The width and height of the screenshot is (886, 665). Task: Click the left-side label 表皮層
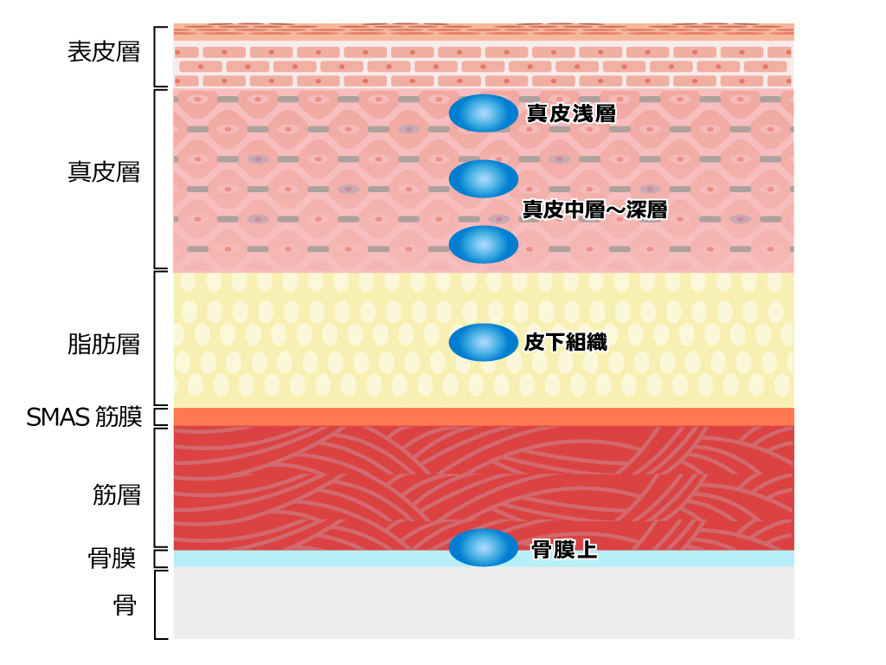[104, 52]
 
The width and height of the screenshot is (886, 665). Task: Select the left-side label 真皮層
[104, 172]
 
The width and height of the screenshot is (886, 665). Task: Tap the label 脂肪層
[104, 344]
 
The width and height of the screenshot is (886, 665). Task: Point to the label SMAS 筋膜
[84, 417]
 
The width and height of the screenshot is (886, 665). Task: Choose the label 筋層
[117, 494]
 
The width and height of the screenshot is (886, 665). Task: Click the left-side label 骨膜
[112, 558]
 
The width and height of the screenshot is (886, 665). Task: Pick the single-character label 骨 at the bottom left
[125, 605]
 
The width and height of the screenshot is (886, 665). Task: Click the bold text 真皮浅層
[571, 113]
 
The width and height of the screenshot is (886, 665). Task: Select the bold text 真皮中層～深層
[594, 210]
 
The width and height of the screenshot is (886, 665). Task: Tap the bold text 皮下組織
[566, 342]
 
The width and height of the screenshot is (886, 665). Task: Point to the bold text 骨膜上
[564, 549]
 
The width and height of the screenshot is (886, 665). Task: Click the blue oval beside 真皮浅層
[483, 113]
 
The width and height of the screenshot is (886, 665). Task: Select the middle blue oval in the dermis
[483, 178]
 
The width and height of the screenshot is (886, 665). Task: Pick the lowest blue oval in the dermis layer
[483, 244]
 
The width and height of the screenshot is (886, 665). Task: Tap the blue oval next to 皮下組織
[483, 342]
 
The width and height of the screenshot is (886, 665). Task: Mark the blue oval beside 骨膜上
[483, 547]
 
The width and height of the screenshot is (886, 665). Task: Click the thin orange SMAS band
[484, 416]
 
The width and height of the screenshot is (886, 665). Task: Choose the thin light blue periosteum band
[484, 558]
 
